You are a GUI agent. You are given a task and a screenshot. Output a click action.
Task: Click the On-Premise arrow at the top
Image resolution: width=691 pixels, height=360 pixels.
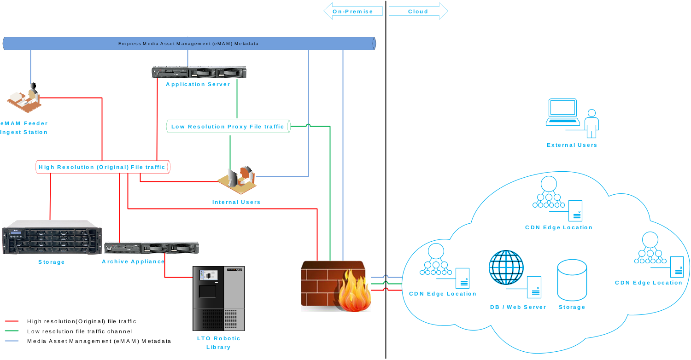click(x=353, y=11)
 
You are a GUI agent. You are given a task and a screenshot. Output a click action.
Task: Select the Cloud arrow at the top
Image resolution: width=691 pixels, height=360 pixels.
click(x=418, y=11)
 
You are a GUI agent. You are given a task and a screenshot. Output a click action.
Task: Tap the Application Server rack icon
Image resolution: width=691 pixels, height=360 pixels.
click(x=199, y=72)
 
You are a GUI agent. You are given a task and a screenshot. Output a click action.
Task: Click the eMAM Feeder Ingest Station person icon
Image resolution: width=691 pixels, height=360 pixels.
click(x=24, y=98)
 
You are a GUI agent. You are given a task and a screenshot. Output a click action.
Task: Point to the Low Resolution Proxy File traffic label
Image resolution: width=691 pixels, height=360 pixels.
click(x=228, y=127)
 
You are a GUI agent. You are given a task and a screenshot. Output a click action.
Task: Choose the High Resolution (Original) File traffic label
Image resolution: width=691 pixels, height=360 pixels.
click(x=102, y=167)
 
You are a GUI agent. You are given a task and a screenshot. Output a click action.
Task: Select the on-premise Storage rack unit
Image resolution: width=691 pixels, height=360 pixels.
click(x=52, y=238)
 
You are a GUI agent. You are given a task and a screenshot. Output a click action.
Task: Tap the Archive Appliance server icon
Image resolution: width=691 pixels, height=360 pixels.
click(x=151, y=248)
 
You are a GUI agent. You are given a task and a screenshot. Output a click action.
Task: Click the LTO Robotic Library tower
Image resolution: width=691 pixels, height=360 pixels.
click(x=218, y=298)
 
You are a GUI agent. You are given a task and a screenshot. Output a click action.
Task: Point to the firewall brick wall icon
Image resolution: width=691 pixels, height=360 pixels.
click(x=336, y=286)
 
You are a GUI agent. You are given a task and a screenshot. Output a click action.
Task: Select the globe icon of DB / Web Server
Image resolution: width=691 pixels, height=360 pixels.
click(x=506, y=267)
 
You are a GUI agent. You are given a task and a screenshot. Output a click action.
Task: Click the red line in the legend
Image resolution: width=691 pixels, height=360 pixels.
click(x=12, y=321)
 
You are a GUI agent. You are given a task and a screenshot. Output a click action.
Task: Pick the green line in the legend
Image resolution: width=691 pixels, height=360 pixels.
click(x=12, y=331)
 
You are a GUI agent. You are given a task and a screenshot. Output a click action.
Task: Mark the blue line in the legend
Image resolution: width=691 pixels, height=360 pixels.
click(x=12, y=341)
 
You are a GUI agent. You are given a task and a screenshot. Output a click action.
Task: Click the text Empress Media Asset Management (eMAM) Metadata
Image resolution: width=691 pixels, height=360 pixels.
click(x=188, y=44)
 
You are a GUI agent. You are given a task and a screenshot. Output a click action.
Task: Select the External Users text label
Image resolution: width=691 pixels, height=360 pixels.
click(x=572, y=145)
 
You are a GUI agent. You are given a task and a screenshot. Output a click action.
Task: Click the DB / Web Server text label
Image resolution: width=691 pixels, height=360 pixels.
click(x=518, y=307)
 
